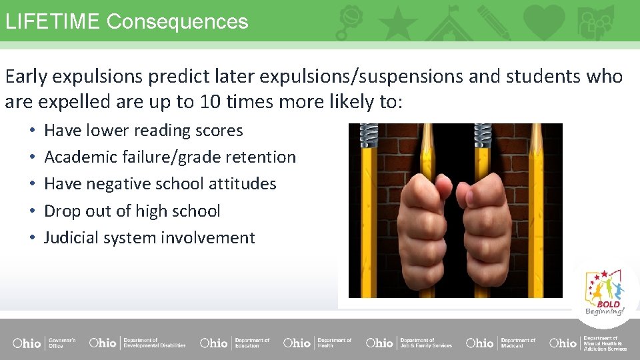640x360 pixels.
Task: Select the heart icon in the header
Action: [545, 21]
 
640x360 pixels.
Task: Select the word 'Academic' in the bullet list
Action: [80, 157]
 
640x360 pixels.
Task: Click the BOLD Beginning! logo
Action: [605, 293]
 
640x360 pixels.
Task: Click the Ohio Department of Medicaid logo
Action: [501, 343]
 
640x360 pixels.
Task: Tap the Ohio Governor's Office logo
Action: [44, 343]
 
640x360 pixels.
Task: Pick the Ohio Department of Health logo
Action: [317, 343]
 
